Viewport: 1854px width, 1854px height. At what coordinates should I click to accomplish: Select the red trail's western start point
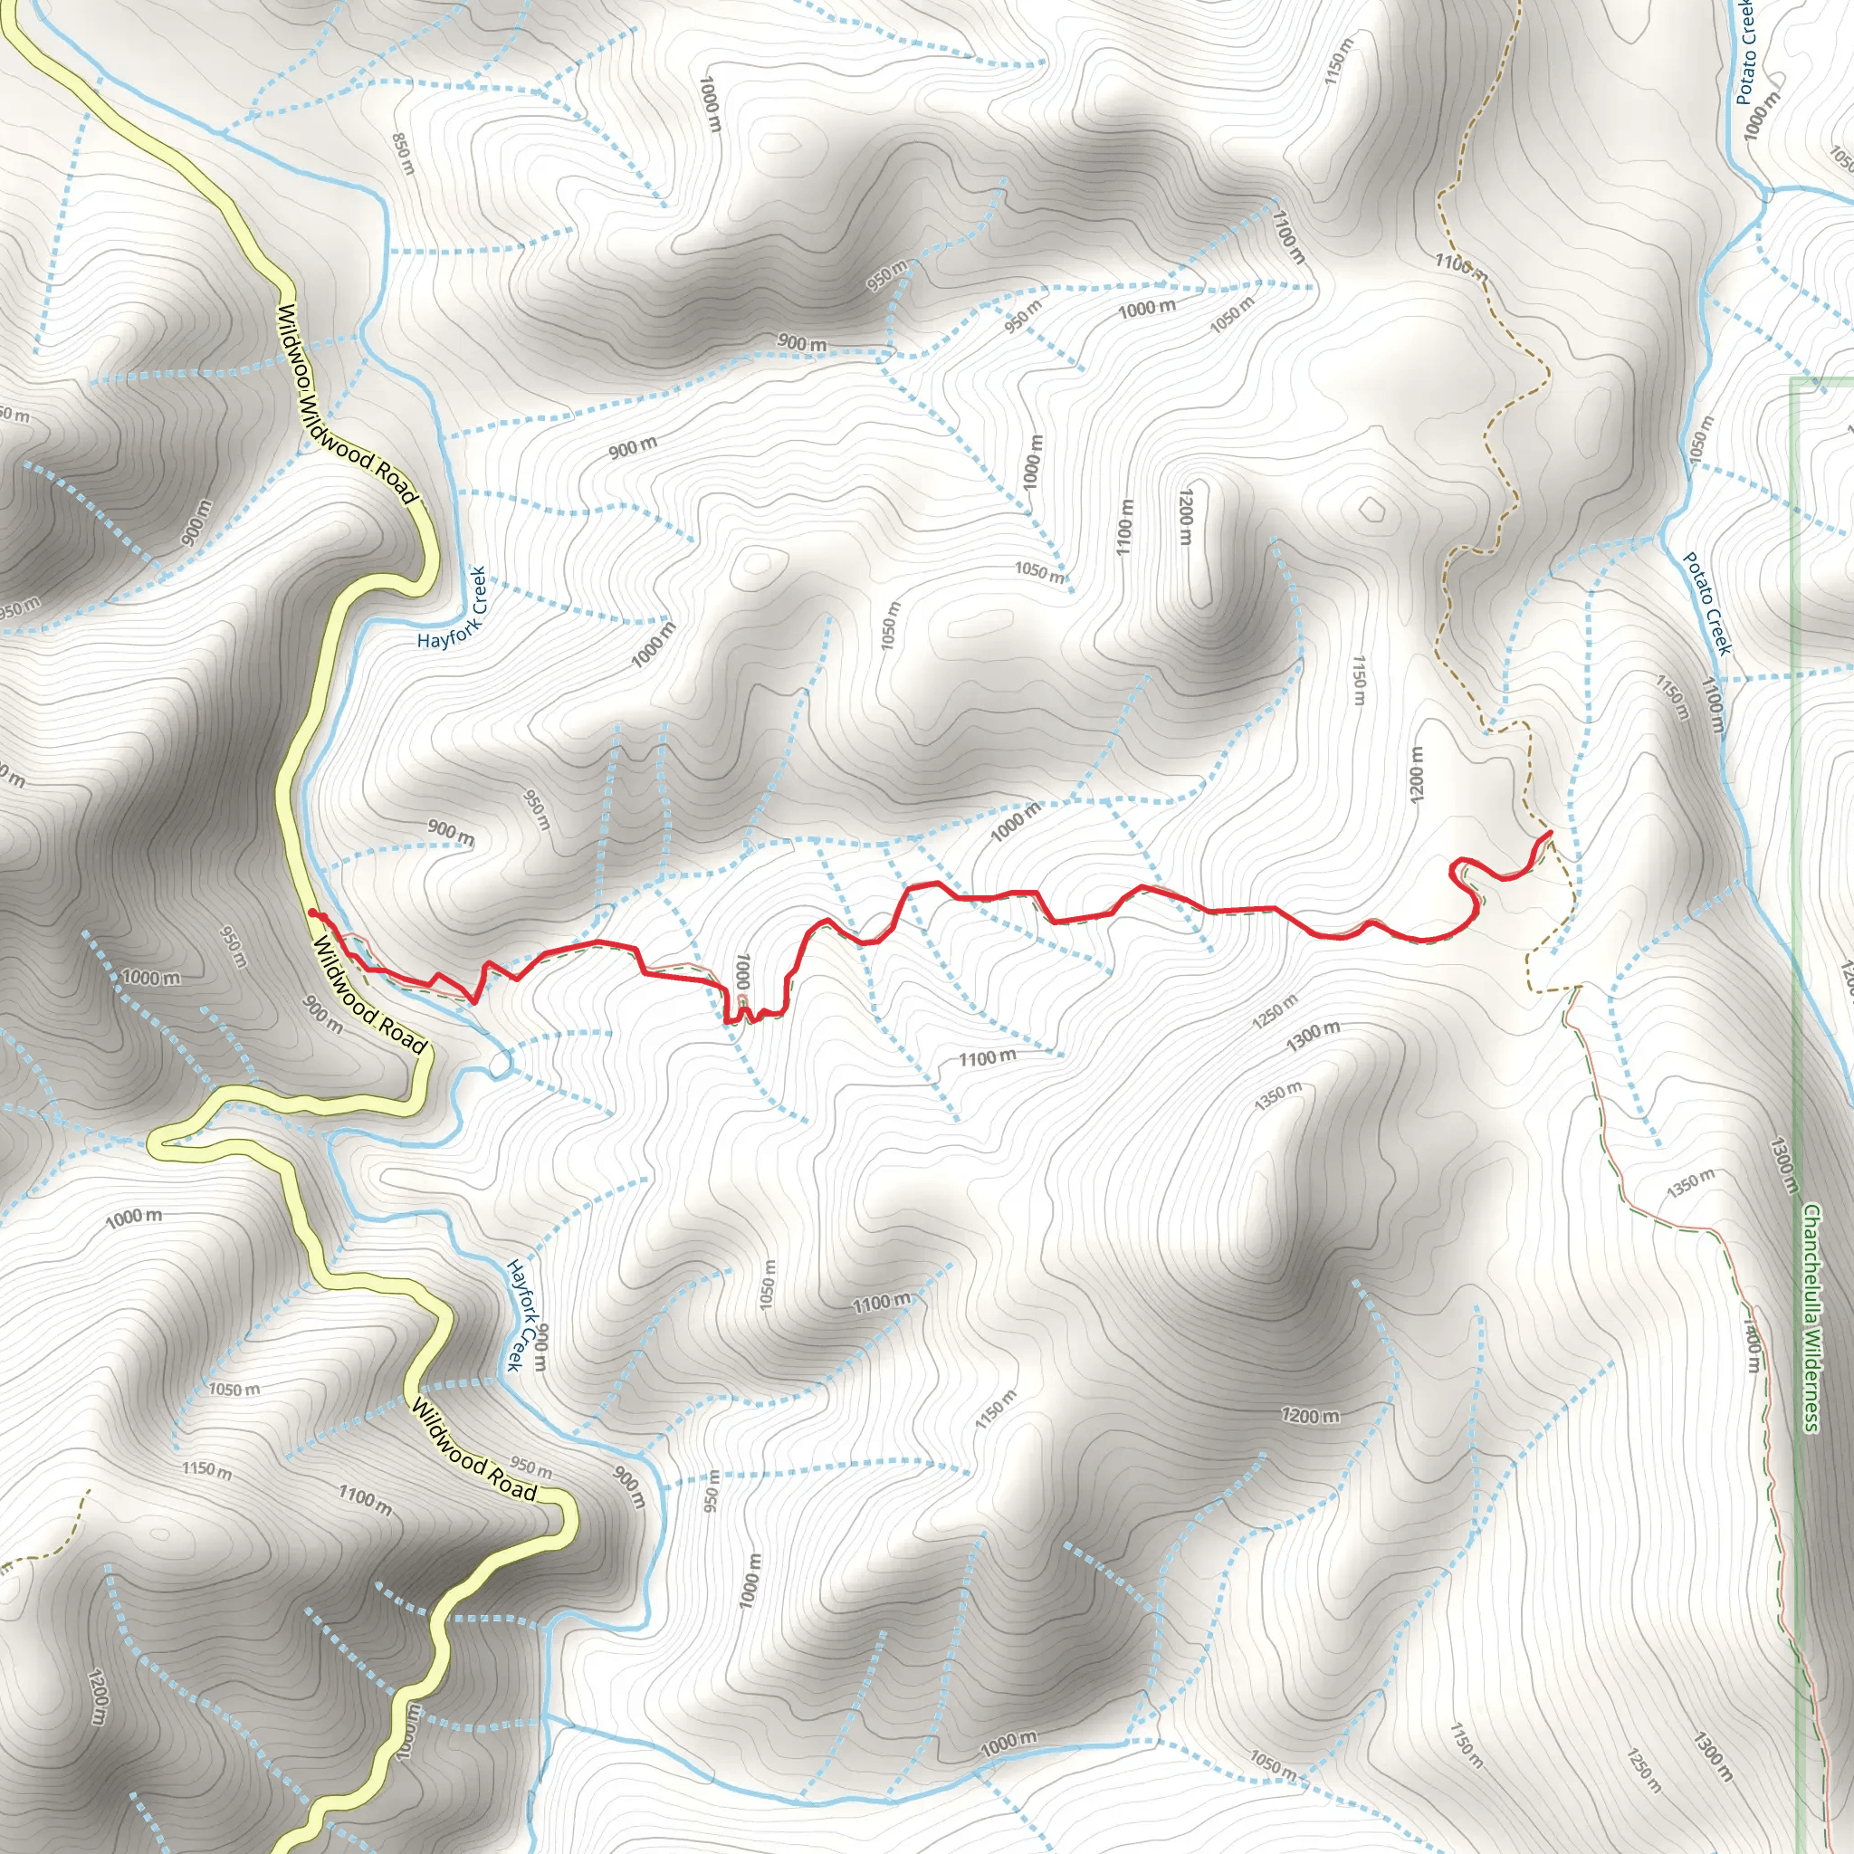coord(313,913)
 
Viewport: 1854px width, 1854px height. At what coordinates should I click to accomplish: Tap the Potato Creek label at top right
coord(1745,53)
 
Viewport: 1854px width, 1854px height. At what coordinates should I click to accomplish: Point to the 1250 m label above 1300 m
coord(1275,1011)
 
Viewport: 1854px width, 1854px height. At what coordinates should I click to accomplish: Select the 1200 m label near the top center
coord(1186,515)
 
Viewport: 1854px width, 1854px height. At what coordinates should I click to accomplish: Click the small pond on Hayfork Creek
coord(499,1064)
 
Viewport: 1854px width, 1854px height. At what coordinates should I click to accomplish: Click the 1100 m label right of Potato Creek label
coord(1713,705)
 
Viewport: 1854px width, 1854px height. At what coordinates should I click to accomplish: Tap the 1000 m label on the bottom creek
coord(1008,1743)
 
